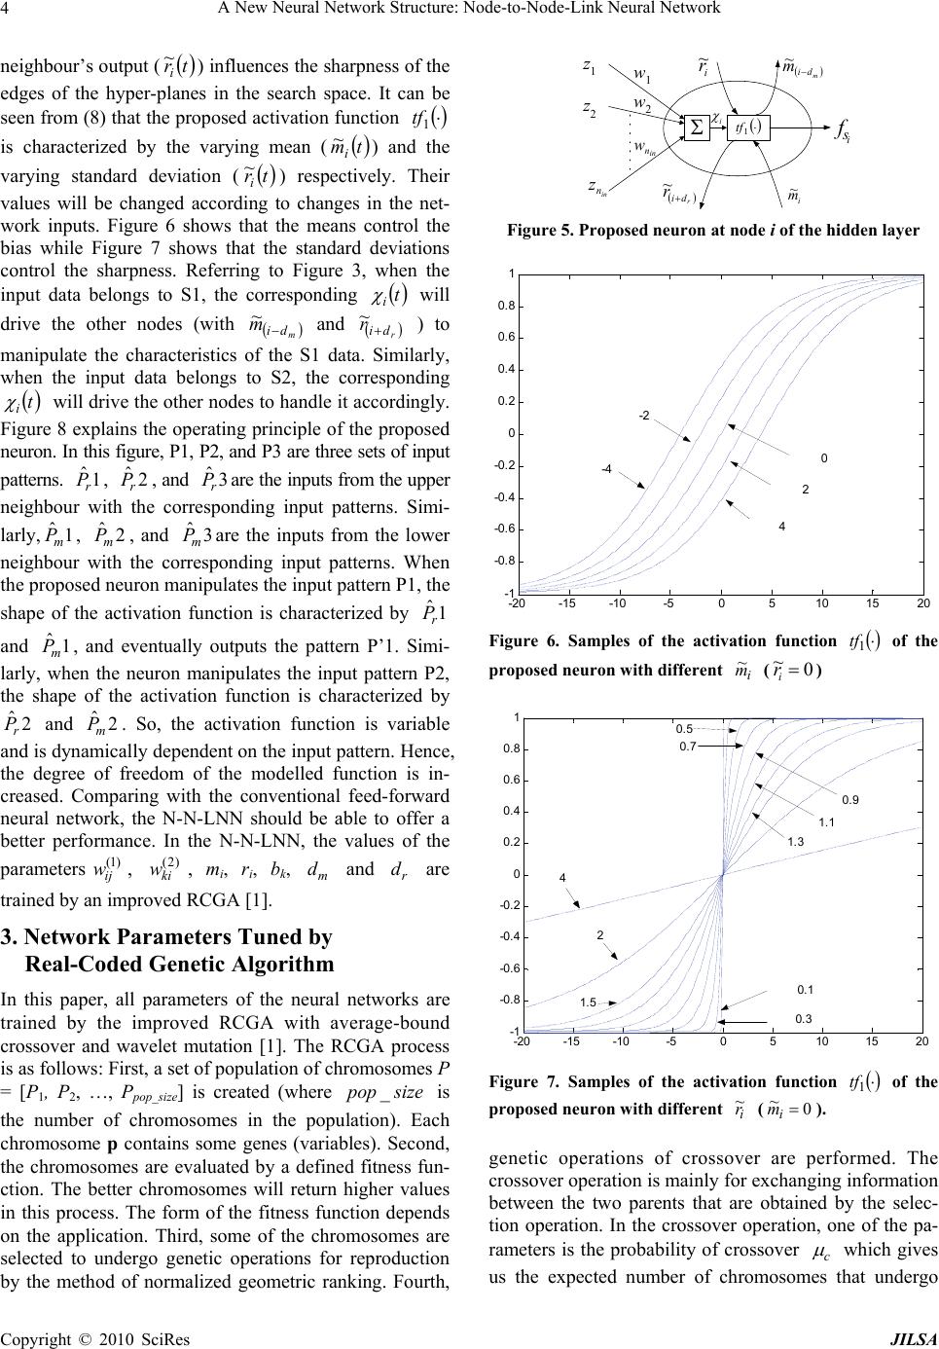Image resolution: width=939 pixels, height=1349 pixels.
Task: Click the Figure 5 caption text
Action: point(712,231)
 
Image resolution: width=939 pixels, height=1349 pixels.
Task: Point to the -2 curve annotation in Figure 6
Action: point(644,416)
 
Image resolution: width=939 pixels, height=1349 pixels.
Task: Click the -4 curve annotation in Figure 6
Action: point(605,468)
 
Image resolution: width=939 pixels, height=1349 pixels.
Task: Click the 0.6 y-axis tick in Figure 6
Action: point(506,338)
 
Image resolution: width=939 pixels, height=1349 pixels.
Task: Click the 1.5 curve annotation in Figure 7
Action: point(588,1002)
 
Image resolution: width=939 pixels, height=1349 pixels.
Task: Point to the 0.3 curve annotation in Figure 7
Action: point(804,1018)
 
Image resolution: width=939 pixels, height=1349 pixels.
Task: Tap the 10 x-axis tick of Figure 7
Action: point(823,1041)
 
